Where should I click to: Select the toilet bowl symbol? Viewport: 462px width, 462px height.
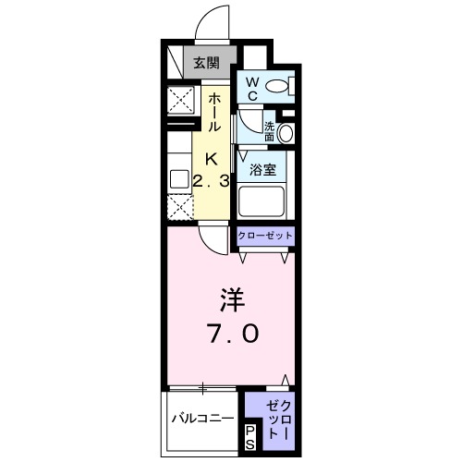point(274,89)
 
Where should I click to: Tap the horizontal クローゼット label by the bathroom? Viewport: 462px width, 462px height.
point(265,236)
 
